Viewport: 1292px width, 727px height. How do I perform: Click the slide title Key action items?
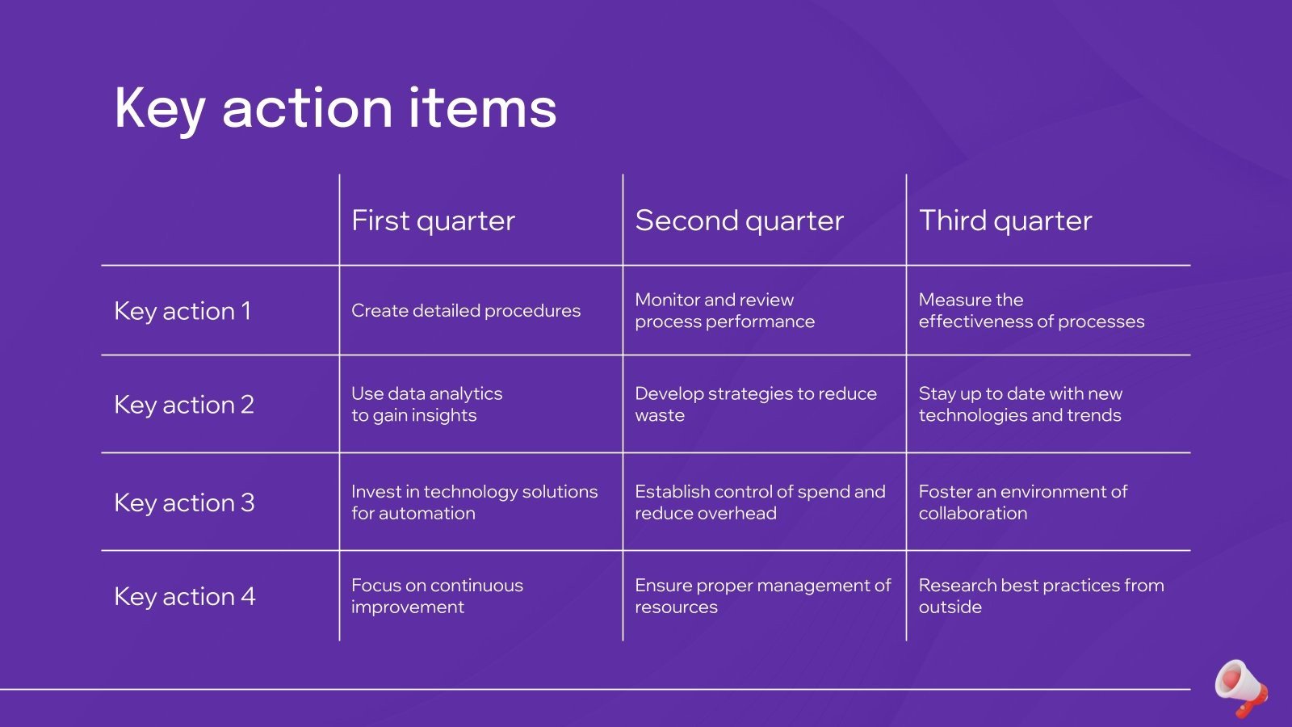[335, 108]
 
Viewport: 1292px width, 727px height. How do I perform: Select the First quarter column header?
[433, 221]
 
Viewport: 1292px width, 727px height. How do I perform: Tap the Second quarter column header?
[739, 221]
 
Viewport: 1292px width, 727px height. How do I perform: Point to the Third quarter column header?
[1005, 221]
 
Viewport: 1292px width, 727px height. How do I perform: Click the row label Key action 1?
[182, 311]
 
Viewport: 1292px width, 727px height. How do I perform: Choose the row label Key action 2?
[184, 405]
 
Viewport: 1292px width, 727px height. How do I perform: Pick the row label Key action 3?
[184, 502]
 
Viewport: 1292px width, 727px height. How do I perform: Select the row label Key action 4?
[184, 596]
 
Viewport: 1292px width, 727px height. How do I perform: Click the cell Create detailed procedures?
[466, 311]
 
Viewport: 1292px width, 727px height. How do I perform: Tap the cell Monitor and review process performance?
[724, 311]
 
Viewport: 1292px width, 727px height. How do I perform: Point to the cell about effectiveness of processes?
[1031, 311]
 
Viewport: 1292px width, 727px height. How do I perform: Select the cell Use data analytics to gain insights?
[426, 405]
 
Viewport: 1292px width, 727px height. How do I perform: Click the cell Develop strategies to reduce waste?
[755, 405]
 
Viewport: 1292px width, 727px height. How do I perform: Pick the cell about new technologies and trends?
[1020, 405]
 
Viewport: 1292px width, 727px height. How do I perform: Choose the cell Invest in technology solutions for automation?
[474, 502]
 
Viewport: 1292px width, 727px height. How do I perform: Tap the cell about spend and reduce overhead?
[759, 502]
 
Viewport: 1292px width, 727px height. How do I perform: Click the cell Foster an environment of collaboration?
[1022, 502]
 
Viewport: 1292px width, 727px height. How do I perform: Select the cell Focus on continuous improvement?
[437, 596]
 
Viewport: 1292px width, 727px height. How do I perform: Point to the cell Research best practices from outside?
[1041, 596]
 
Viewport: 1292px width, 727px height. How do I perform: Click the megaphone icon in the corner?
[1241, 687]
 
